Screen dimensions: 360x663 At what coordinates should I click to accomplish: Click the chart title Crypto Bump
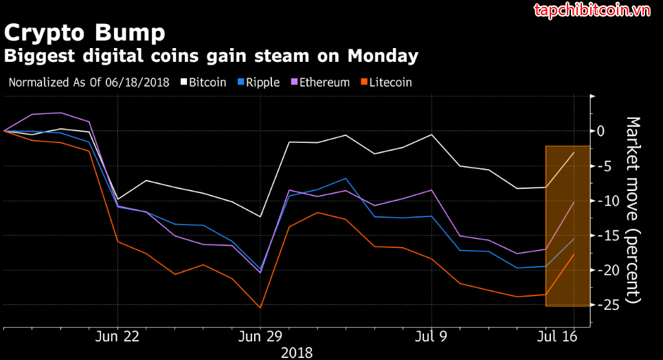(85, 32)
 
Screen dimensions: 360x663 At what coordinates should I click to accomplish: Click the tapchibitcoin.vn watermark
(592, 11)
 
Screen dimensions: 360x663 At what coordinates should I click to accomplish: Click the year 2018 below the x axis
(297, 352)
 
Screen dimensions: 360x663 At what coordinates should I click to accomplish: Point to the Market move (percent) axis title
(633, 210)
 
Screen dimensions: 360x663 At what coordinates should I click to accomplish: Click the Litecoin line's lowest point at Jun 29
(260, 307)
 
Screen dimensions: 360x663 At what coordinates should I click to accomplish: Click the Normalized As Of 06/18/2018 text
(89, 82)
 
